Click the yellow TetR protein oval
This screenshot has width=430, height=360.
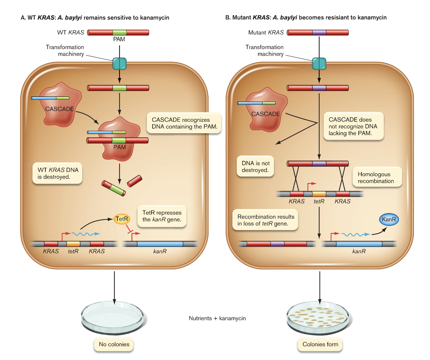122,219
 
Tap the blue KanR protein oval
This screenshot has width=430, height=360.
389,219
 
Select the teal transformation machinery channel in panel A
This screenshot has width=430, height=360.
119,64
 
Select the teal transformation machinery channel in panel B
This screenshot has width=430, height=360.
319,64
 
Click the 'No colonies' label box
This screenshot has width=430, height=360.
114,344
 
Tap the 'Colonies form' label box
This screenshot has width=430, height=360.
320,344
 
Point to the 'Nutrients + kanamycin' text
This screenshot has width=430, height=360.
217,318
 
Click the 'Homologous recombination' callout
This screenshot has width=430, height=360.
377,177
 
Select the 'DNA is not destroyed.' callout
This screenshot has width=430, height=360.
255,166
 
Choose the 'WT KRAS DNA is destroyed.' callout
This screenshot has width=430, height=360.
58,173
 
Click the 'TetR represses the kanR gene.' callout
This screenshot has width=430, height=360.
162,216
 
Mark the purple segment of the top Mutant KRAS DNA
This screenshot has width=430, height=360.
319,33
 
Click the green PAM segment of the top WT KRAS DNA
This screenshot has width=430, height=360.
119,33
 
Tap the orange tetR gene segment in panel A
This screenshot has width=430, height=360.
73,244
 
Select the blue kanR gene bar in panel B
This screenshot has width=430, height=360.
359,244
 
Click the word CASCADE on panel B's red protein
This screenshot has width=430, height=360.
266,114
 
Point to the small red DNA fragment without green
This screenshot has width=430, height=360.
134,181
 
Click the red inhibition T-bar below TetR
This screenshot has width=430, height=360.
129,230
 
